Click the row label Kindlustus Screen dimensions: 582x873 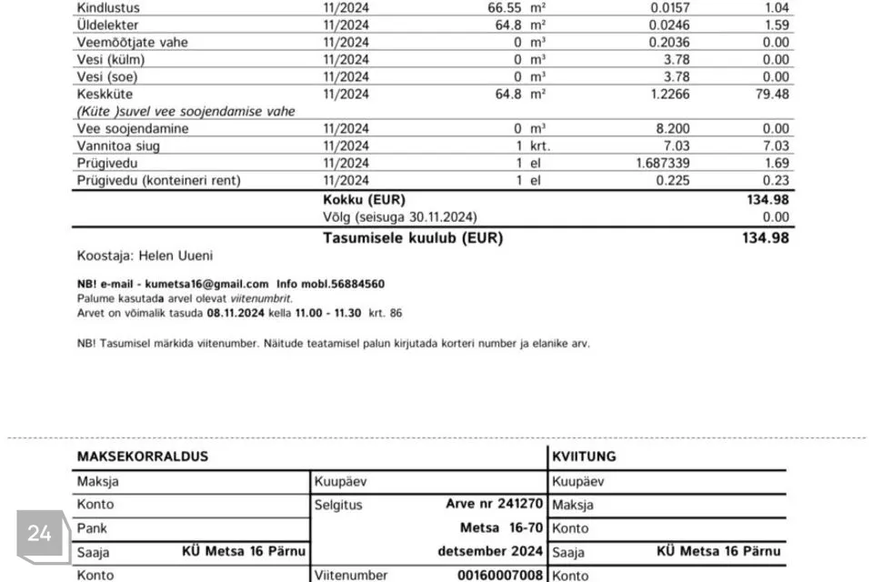(x=108, y=7)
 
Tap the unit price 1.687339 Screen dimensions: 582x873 (x=657, y=163)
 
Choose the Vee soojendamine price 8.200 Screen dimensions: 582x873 (x=673, y=128)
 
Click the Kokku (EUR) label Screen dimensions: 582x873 (x=364, y=199)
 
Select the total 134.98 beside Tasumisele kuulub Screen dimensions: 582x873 (x=766, y=238)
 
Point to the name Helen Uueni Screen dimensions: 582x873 (x=176, y=256)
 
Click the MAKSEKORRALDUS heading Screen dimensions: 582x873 (x=142, y=457)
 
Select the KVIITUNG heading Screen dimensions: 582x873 (x=583, y=457)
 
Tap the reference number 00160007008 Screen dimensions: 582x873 (x=499, y=575)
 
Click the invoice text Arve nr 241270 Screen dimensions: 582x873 (x=494, y=504)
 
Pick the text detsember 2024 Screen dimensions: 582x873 (x=490, y=551)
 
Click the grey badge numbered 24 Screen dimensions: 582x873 (x=40, y=534)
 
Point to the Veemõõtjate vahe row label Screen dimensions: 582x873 (x=133, y=42)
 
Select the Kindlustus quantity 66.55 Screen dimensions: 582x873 (x=505, y=7)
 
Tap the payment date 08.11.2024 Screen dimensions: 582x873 (x=235, y=313)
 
